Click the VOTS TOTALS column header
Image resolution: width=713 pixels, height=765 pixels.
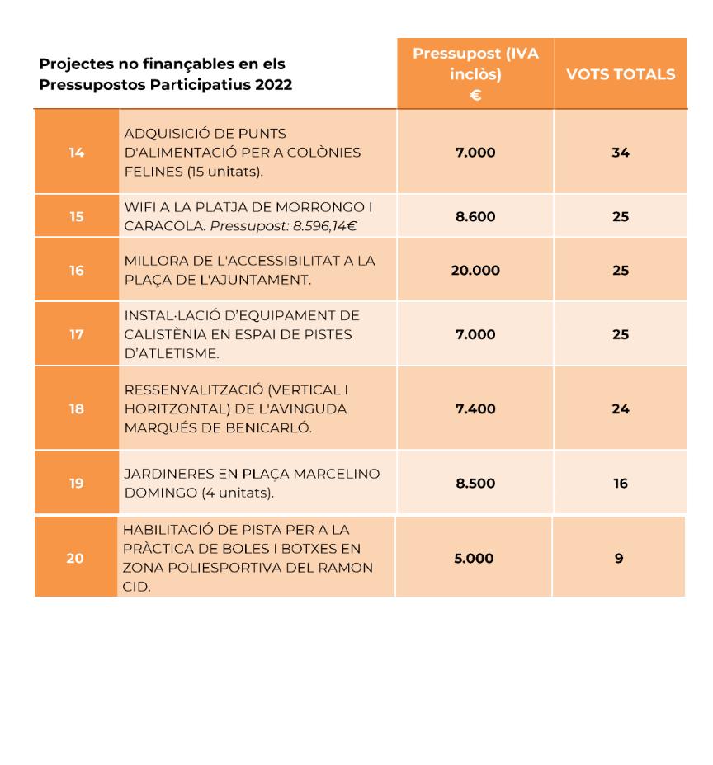click(620, 74)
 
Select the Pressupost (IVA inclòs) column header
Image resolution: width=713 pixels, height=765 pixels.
click(475, 74)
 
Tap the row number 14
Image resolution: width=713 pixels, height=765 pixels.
click(77, 153)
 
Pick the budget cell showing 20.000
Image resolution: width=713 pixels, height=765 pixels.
click(475, 271)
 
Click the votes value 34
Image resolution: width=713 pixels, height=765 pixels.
click(621, 153)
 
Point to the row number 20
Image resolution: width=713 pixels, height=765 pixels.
click(75, 558)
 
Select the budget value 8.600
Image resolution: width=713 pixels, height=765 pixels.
click(475, 216)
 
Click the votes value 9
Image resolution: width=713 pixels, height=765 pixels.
click(619, 558)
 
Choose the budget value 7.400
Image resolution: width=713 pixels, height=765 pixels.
click(475, 409)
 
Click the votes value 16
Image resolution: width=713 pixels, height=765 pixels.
click(621, 484)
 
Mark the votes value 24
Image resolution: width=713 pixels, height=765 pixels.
click(621, 409)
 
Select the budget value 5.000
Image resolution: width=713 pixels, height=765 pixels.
click(474, 558)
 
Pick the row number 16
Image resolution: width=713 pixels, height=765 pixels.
click(77, 271)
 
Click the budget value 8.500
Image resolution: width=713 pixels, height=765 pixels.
click(475, 484)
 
